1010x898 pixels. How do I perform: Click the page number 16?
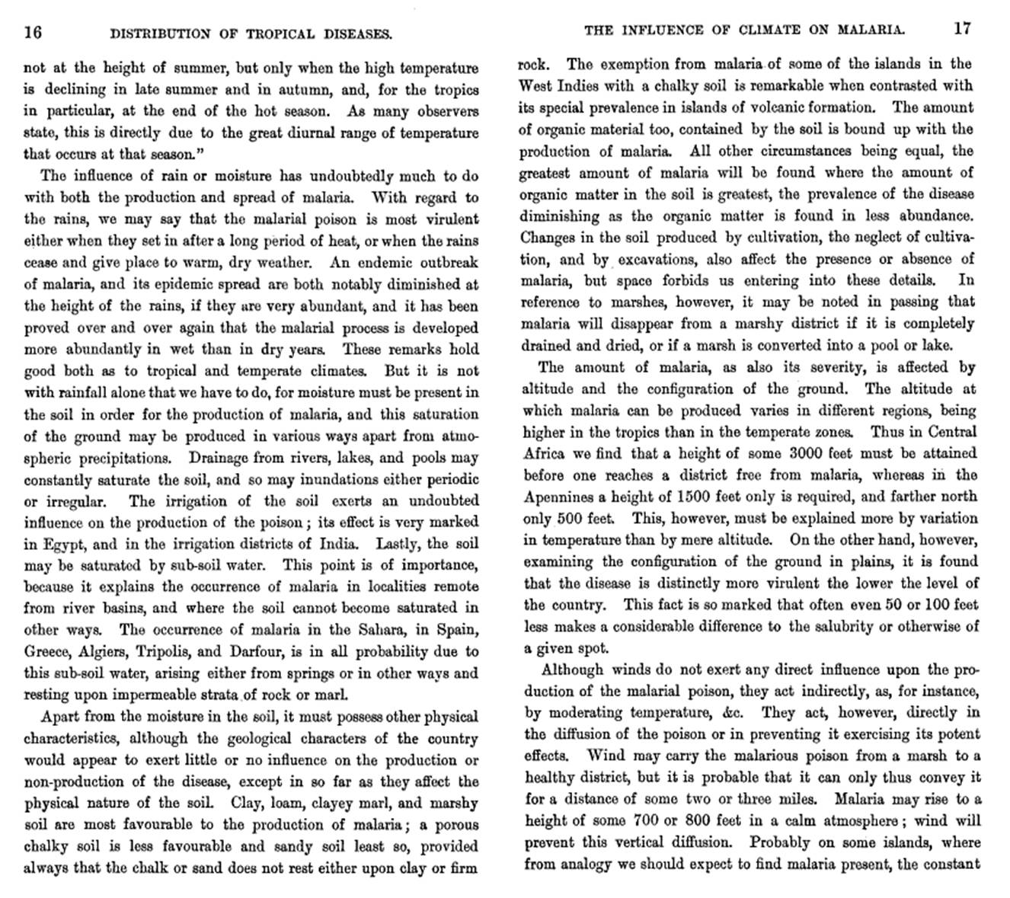[34, 32]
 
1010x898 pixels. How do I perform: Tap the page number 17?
[962, 29]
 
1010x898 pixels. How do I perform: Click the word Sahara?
[380, 630]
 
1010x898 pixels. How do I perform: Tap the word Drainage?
[221, 459]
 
